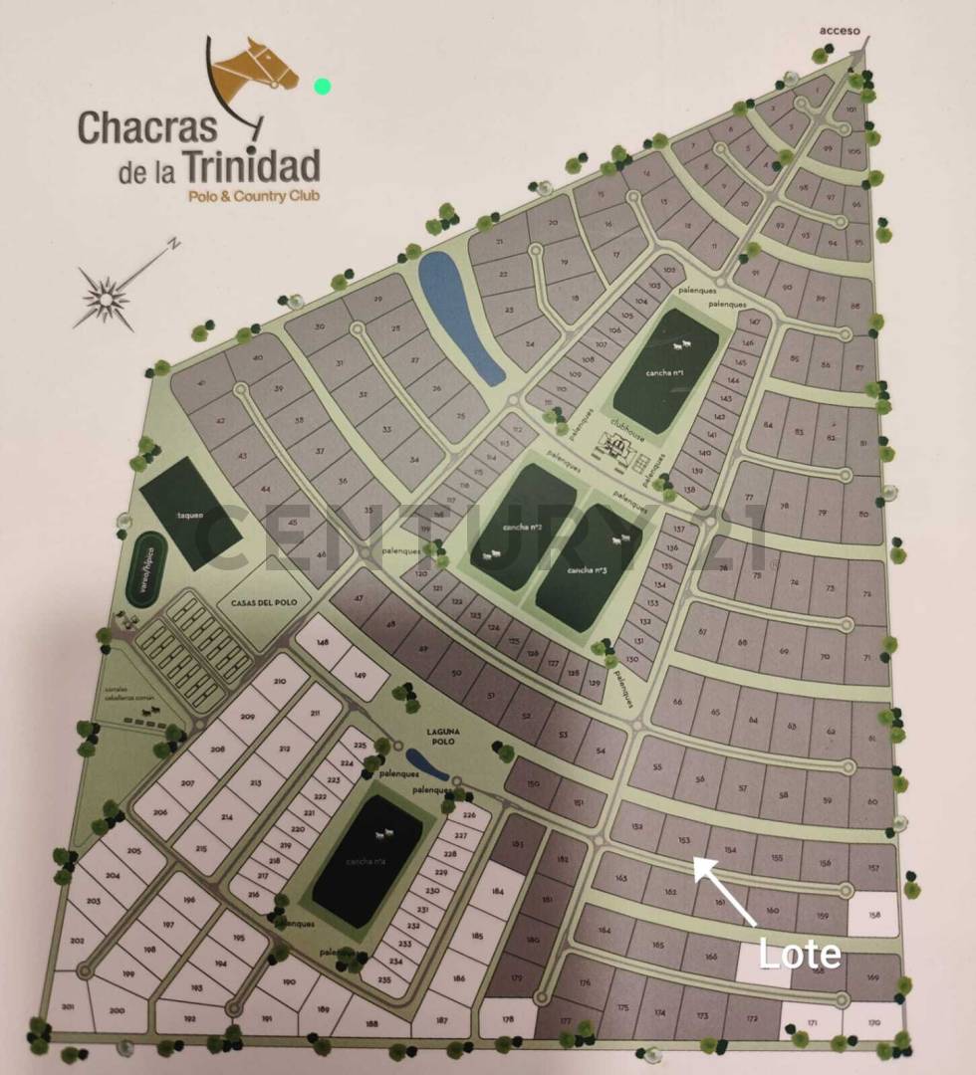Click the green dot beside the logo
[x=322, y=86]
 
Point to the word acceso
[x=839, y=30]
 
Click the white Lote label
[x=799, y=954]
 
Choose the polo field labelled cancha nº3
[x=588, y=569]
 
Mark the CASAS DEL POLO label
[x=258, y=602]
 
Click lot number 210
[x=276, y=683]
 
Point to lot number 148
[x=321, y=644]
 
